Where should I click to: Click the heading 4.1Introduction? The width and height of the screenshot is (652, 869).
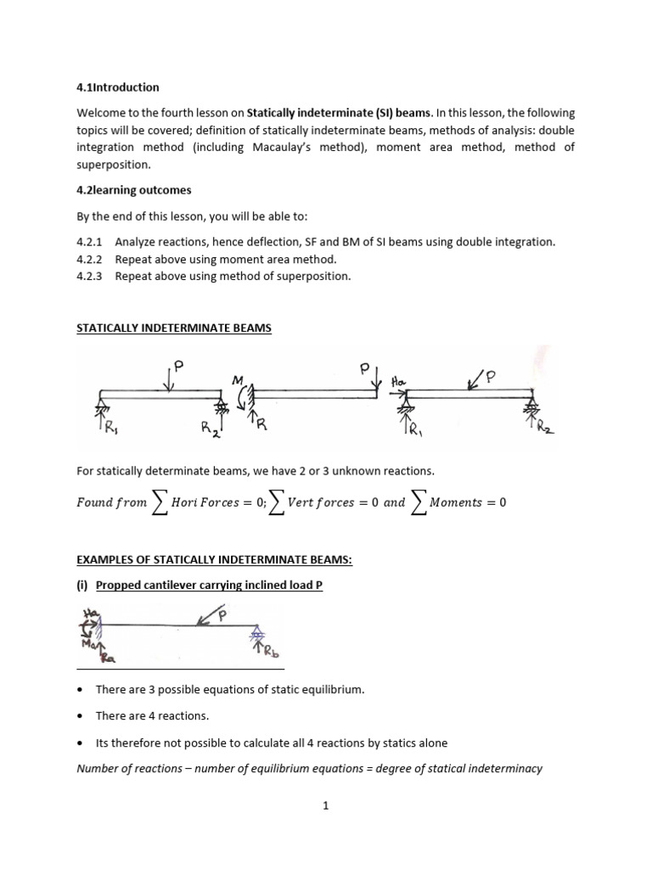(x=118, y=87)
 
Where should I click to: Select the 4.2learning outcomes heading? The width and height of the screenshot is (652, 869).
(x=134, y=190)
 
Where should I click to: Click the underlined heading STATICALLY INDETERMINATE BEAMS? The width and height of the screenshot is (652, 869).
(x=174, y=328)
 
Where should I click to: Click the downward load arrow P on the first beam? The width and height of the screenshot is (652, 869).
(x=172, y=378)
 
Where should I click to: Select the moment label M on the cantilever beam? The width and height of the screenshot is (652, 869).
(x=238, y=380)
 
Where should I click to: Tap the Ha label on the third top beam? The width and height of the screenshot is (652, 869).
(x=398, y=382)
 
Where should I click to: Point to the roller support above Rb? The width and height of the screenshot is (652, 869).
(x=256, y=633)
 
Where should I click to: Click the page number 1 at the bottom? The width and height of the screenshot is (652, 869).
(x=325, y=806)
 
